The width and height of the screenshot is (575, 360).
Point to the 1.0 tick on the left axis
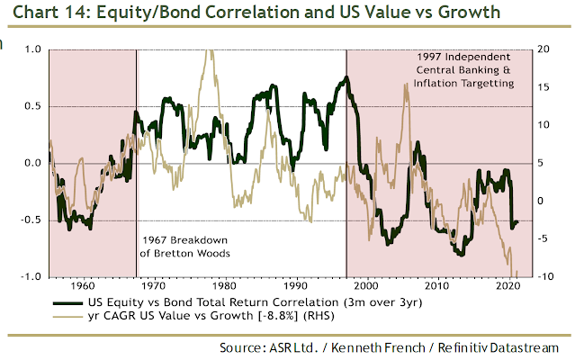click(31, 49)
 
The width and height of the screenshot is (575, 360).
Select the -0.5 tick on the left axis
click(30, 220)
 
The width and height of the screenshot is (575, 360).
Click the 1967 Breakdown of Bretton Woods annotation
click(184, 247)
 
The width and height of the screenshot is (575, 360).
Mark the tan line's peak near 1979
click(211, 52)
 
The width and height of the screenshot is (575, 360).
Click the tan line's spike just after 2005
click(407, 85)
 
